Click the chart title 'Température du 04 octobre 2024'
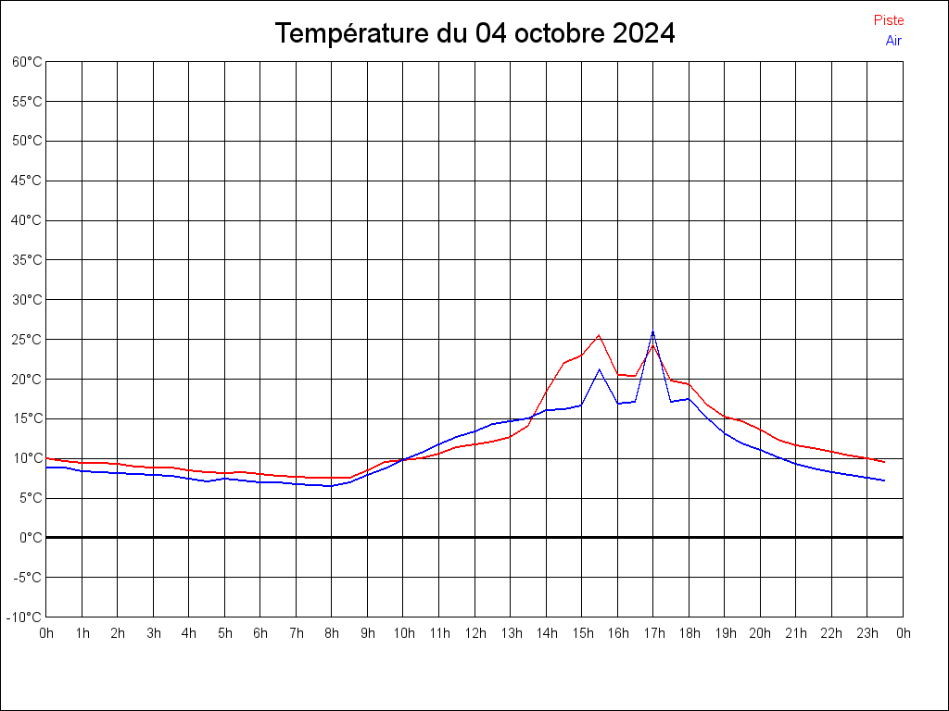tap(474, 33)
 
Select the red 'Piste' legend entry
tap(889, 20)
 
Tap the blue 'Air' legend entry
tap(893, 41)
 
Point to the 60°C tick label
tap(27, 62)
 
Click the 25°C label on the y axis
tap(27, 340)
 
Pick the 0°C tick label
tap(31, 538)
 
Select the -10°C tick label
tap(25, 617)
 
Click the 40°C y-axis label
tap(27, 220)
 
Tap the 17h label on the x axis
tap(653, 634)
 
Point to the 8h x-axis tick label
tap(332, 634)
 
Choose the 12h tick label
tap(474, 634)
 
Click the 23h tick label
tap(867, 634)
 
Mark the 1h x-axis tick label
tap(82, 634)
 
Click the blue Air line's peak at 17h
tap(652, 331)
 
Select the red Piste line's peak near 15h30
tap(599, 335)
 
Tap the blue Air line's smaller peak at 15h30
tap(599, 369)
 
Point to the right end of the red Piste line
tap(884, 462)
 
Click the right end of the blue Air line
tap(884, 480)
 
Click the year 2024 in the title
tap(645, 33)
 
